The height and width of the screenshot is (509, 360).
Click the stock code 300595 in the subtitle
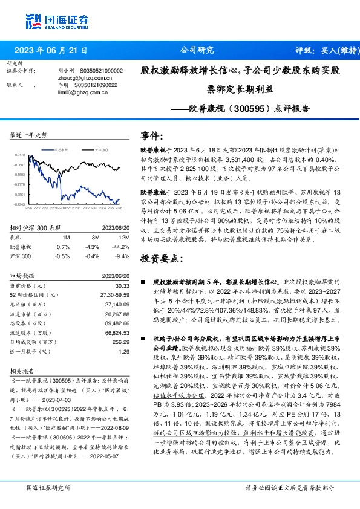coord(232,109)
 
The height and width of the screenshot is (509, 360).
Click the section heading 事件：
coord(152,135)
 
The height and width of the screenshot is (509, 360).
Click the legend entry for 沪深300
coord(102,148)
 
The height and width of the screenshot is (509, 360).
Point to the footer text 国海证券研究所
coord(45,487)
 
